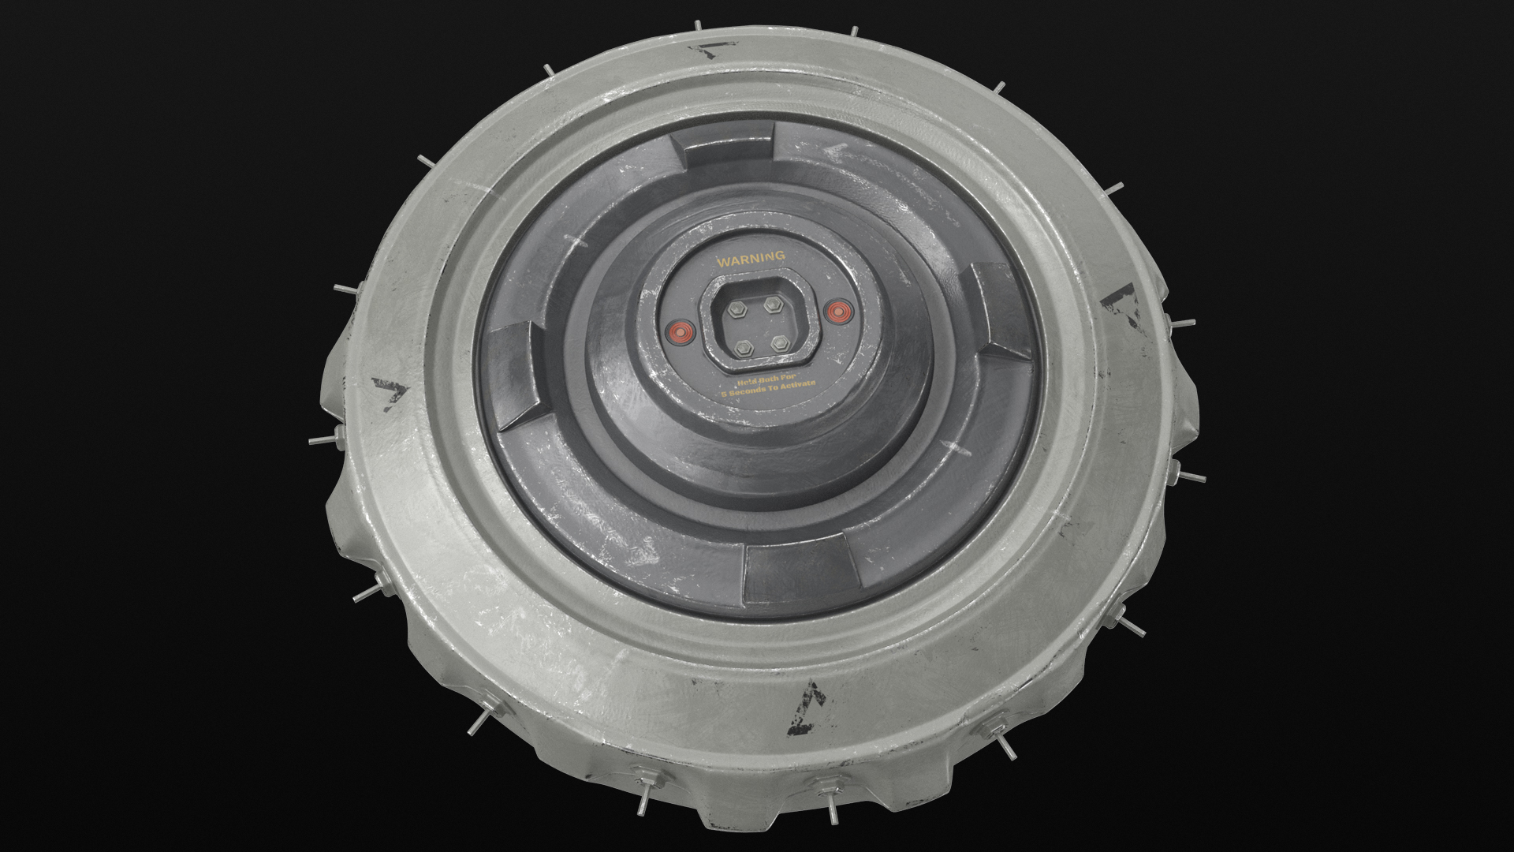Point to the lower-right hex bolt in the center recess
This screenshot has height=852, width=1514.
pyautogui.click(x=780, y=342)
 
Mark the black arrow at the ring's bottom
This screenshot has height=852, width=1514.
pyautogui.click(x=810, y=697)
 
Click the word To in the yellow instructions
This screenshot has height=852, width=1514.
pyautogui.click(x=775, y=389)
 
